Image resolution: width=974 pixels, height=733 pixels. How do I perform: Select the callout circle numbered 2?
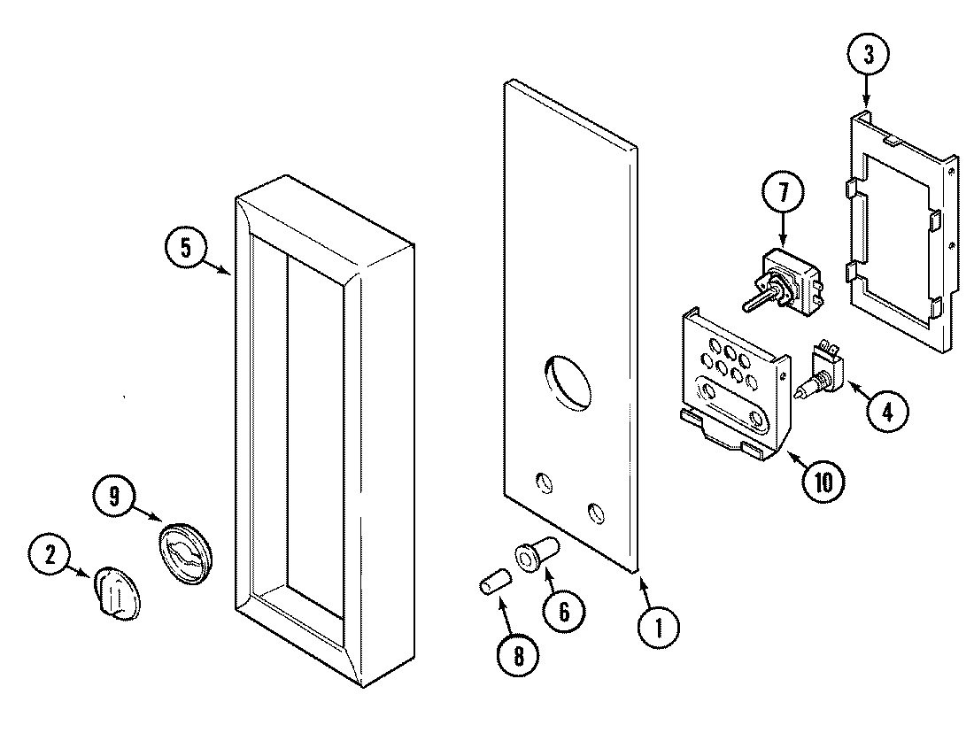[50, 555]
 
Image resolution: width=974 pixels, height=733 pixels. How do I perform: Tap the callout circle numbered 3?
[867, 56]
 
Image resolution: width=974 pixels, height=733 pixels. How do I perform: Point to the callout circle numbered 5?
[185, 248]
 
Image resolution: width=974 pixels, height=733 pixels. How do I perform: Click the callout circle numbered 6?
[563, 610]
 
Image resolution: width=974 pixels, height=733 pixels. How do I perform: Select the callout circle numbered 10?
[823, 482]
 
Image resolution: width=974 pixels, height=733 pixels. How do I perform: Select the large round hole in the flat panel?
[567, 382]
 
